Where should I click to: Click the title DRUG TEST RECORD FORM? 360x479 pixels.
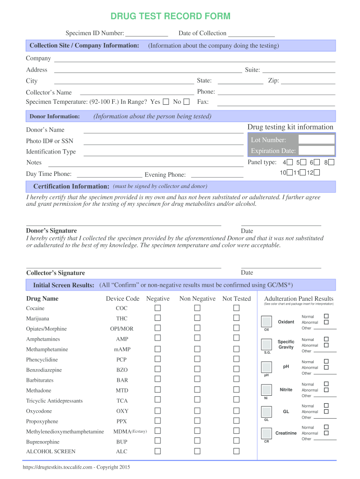170,17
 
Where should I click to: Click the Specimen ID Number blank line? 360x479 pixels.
147,34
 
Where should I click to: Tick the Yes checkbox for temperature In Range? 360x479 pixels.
166,102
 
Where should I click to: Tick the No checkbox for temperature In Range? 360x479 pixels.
187,102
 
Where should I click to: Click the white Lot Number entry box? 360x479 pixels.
317,139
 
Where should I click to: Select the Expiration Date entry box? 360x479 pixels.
317,151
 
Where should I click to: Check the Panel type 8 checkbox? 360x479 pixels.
331,162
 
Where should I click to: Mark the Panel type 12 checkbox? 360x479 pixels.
317,173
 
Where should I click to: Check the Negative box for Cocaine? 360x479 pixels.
158,308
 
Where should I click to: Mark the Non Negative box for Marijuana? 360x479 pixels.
197,318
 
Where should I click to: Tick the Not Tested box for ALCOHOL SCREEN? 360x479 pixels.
237,451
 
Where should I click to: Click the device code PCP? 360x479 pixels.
122,360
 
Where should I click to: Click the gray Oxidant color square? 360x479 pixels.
266,321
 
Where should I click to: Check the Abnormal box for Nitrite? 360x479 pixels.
326,390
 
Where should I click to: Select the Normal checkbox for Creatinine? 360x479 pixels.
326,427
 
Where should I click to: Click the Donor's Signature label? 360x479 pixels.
51,231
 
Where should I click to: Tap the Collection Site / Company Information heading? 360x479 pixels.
84,45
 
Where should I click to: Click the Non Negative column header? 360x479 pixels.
197,298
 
